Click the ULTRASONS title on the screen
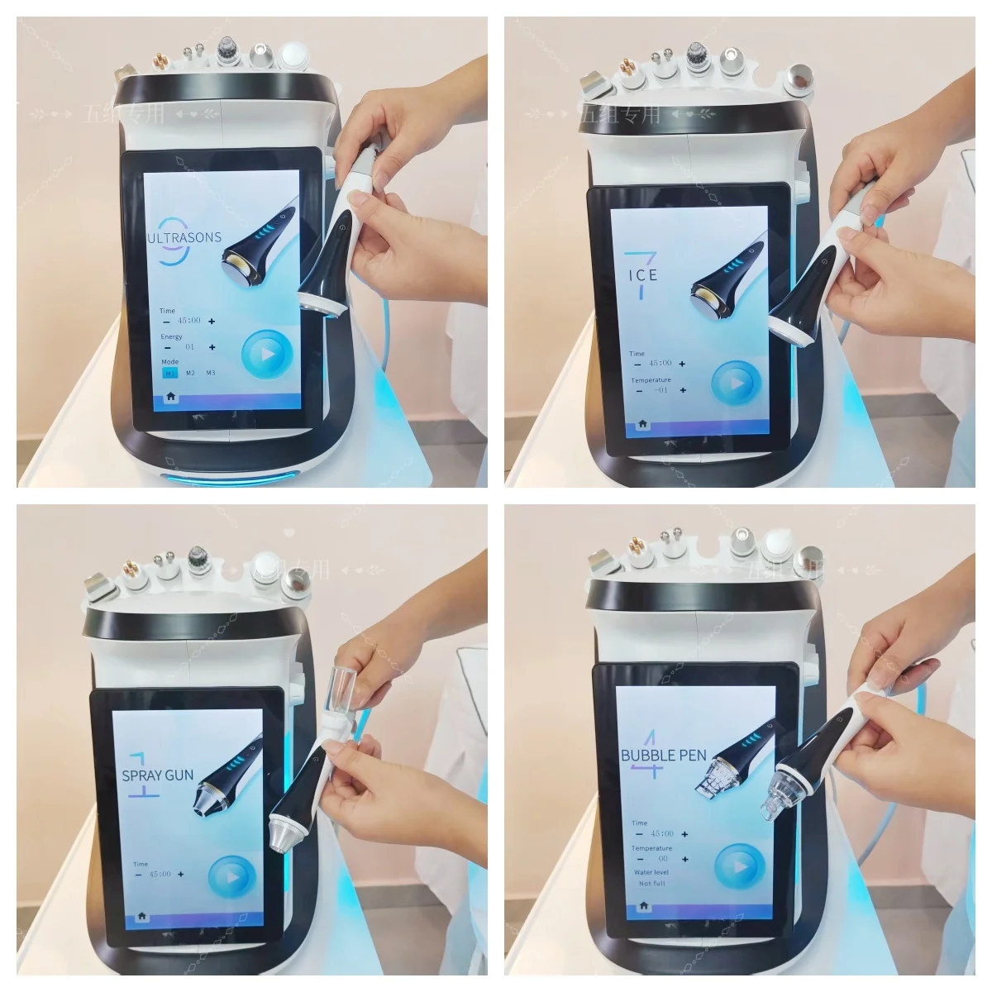[x=184, y=237]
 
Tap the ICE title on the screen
[x=642, y=274]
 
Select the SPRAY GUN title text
[x=158, y=775]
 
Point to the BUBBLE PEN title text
[x=664, y=755]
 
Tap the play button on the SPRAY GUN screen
[x=231, y=876]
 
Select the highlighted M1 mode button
[x=169, y=373]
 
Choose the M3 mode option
[x=211, y=373]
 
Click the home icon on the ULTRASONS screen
[x=170, y=397]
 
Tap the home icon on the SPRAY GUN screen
[x=141, y=916]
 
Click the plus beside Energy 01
[x=212, y=348]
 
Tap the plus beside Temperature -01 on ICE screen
[x=683, y=390]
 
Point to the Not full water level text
[x=651, y=884]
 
